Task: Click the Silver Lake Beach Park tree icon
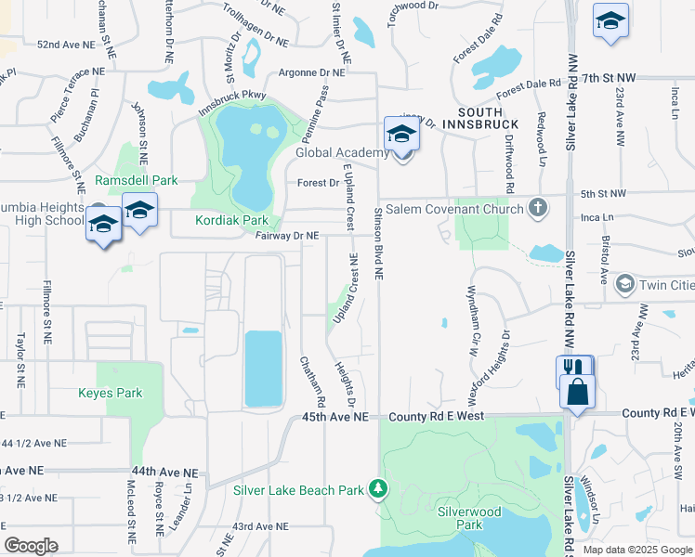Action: (x=377, y=487)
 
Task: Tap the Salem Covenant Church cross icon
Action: (x=537, y=208)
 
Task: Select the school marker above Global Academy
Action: (x=401, y=134)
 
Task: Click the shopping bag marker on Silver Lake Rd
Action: (x=578, y=391)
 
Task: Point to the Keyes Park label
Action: (x=111, y=393)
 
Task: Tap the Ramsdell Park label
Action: (x=136, y=180)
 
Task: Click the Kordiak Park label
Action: (x=231, y=220)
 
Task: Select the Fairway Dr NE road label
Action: (x=287, y=236)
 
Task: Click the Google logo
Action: (x=32, y=546)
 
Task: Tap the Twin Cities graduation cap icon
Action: (x=624, y=282)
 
